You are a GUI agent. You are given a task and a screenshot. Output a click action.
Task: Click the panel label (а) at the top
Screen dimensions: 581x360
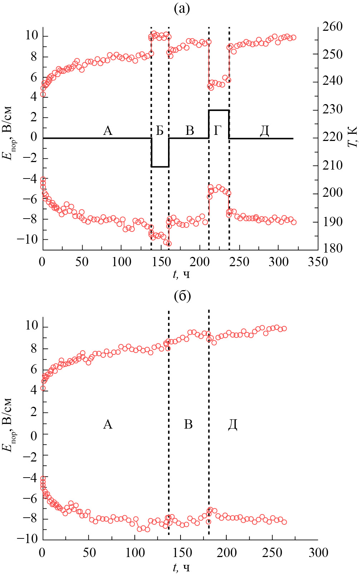(x=182, y=9)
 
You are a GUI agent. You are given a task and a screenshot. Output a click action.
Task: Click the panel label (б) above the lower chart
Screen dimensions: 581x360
(x=182, y=296)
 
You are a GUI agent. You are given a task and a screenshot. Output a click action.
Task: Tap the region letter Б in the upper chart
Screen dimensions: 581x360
(x=160, y=131)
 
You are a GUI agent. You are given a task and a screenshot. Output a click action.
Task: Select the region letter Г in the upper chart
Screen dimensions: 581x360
(x=218, y=131)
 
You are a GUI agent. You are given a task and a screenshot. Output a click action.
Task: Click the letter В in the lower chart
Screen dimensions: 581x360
(x=188, y=424)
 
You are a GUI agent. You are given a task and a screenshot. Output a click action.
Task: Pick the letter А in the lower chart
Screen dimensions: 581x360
(x=108, y=424)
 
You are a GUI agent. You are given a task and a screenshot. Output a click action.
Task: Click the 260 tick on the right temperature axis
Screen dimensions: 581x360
(x=332, y=26)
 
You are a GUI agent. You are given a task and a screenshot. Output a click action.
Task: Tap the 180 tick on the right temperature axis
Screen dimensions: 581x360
(x=332, y=249)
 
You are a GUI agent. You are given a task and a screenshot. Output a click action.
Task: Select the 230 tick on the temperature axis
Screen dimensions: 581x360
(x=332, y=109)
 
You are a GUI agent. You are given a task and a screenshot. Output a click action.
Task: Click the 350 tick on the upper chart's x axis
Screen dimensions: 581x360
(x=317, y=262)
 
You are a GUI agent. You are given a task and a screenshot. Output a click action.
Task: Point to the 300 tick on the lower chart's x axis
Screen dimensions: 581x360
(x=317, y=553)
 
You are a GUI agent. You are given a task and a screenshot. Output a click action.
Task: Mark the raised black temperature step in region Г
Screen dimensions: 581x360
(x=218, y=110)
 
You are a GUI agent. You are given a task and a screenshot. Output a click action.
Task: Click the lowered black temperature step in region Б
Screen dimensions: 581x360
(x=160, y=167)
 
